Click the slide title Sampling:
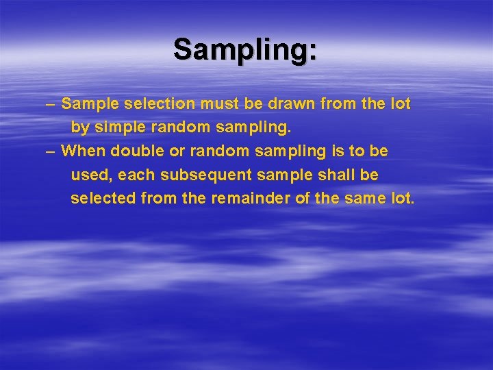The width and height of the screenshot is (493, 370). click(245, 49)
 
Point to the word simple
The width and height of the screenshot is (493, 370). click(120, 127)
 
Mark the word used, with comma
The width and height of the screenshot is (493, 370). click(92, 175)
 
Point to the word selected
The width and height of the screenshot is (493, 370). click(103, 199)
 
